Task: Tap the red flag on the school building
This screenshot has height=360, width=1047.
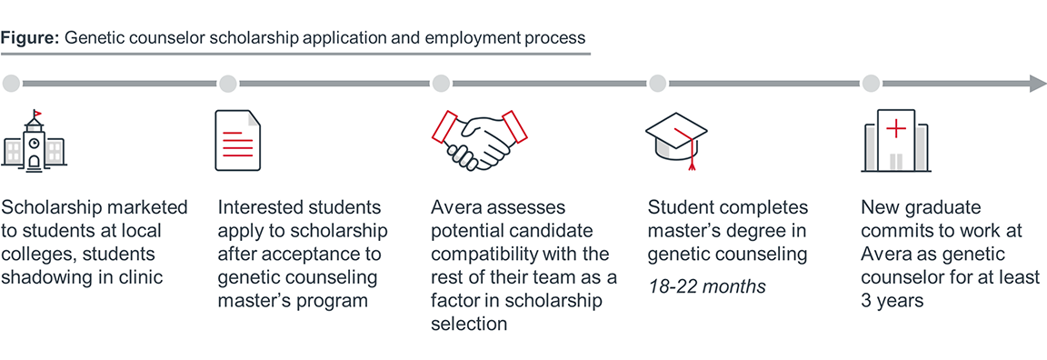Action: (x=37, y=114)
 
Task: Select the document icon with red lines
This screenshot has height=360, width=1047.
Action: (x=237, y=141)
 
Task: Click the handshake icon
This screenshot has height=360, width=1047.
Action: (x=472, y=140)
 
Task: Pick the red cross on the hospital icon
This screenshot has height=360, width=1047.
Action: (x=895, y=129)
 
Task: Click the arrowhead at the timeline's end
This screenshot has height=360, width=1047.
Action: (x=1037, y=85)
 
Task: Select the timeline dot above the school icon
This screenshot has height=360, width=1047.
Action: (x=12, y=85)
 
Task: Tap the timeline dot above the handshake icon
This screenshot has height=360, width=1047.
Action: (x=441, y=85)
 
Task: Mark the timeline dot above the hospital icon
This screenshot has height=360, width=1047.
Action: (x=871, y=85)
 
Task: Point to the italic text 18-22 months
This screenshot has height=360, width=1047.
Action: (x=706, y=287)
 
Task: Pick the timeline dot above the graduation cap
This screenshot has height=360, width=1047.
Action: (x=656, y=85)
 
